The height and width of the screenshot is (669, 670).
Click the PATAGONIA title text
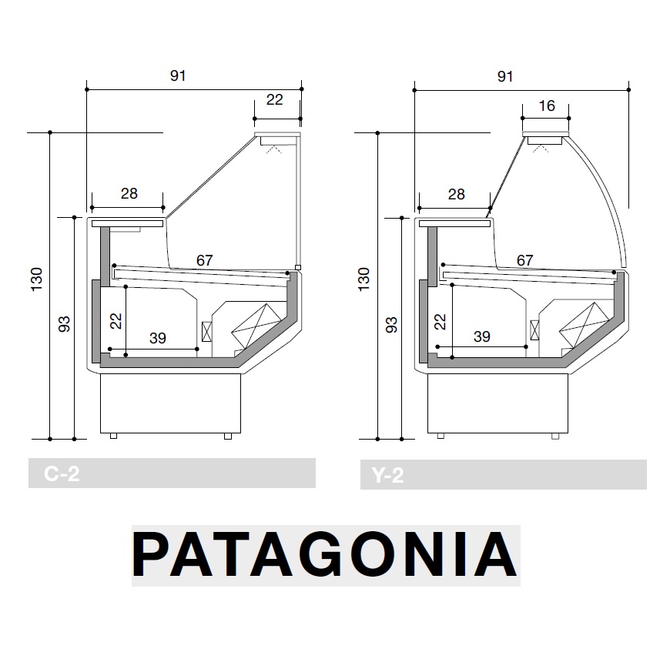coord(325,555)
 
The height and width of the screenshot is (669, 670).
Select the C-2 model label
coord(62,474)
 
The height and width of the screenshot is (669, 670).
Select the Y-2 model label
coord(387,475)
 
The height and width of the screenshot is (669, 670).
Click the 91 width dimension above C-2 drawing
coord(178,75)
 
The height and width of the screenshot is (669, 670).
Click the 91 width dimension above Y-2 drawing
coord(505,75)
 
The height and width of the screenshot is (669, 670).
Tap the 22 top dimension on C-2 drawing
coord(274,100)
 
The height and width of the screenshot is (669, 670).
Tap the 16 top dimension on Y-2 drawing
coord(546,106)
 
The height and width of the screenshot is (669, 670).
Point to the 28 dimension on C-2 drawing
coord(129,194)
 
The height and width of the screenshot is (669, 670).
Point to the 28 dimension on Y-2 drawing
coord(456,194)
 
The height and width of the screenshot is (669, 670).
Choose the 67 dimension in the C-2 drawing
coord(204,260)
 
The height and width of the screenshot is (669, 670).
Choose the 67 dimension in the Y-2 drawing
coord(524,260)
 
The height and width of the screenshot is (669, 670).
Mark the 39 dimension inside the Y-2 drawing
coord(481,337)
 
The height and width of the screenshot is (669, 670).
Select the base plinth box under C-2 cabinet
coord(171,403)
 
